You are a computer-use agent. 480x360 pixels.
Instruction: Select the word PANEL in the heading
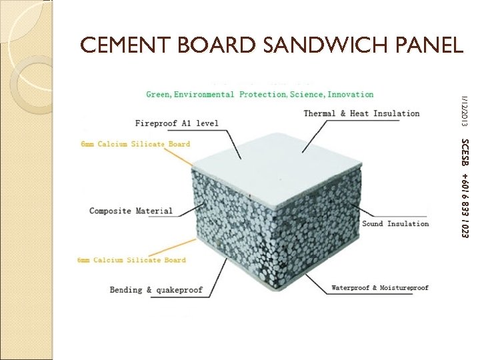(431, 45)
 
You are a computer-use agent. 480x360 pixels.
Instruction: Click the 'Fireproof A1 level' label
(177, 123)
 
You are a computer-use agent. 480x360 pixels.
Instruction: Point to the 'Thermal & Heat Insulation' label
(361, 113)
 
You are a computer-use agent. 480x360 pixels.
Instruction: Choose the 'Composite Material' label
(131, 211)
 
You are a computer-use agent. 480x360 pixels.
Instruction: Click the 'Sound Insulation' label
(395, 224)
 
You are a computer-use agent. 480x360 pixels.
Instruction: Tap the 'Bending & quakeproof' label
(156, 290)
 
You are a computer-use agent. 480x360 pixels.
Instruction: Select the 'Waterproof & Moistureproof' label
(380, 288)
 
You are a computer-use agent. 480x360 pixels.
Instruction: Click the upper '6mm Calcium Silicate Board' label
(135, 144)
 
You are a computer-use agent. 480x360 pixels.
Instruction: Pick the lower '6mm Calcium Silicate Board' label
(131, 260)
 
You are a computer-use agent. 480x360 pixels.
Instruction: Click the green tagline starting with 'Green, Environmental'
(260, 95)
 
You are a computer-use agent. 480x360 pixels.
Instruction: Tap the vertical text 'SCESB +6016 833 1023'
(465, 188)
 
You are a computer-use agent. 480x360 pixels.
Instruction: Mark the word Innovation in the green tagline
(351, 95)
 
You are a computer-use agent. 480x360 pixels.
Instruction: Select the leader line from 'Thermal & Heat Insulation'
(333, 130)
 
